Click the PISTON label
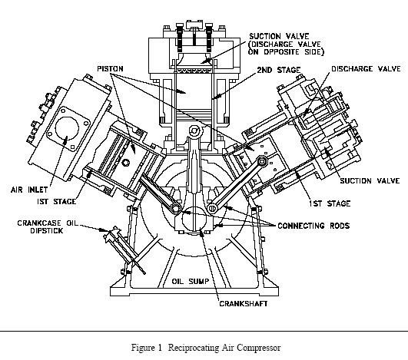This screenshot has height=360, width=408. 110,69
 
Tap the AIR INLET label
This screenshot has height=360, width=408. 29,190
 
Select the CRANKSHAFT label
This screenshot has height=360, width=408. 244,304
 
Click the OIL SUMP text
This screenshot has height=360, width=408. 191,281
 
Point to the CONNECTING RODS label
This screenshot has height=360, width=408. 313,226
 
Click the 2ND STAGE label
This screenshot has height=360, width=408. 279,70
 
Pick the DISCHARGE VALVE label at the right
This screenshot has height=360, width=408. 366,68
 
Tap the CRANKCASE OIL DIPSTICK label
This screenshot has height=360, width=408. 48,226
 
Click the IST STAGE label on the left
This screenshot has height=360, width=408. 56,201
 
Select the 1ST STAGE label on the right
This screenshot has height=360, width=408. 330,203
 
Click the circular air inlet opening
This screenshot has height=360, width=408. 67,128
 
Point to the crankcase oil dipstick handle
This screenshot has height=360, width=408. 112,234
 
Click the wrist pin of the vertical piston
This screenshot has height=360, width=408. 194,130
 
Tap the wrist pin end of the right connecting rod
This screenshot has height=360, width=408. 262,161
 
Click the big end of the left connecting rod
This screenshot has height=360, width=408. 176,208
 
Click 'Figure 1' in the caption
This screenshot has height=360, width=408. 147,348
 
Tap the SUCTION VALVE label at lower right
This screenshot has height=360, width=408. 370,180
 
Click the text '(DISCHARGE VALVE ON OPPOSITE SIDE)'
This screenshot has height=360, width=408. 286,48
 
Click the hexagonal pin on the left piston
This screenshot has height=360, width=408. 126,163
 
